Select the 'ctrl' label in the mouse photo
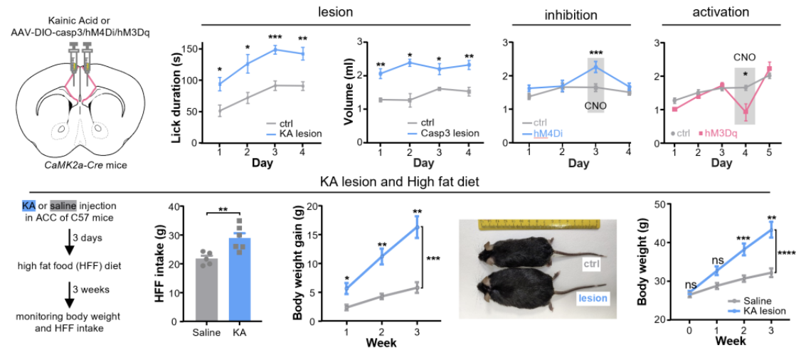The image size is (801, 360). pos(590,265)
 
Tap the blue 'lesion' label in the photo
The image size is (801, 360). pos(593,299)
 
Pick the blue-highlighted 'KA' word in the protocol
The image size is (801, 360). pos(28,205)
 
